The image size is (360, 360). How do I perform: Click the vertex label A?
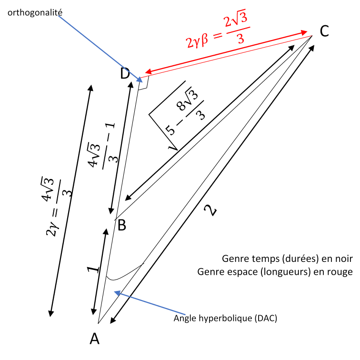95,338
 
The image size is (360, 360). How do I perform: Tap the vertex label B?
121,225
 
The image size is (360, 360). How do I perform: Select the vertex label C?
324,31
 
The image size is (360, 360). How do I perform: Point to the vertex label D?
125,73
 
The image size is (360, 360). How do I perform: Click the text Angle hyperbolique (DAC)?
225,318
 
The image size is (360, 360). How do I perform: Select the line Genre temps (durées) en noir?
287,259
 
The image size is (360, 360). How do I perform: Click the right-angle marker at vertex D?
145,83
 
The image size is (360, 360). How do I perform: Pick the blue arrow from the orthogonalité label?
102,45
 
